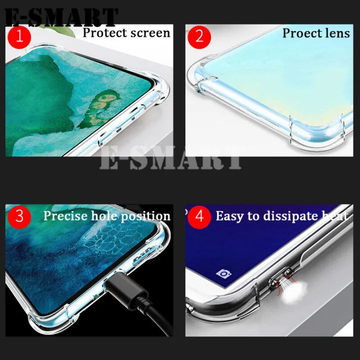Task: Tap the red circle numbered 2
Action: point(199,36)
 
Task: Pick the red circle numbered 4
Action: point(199,216)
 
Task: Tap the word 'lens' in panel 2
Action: point(339,33)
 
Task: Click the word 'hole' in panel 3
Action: point(103,216)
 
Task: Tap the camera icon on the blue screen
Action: point(222,273)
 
